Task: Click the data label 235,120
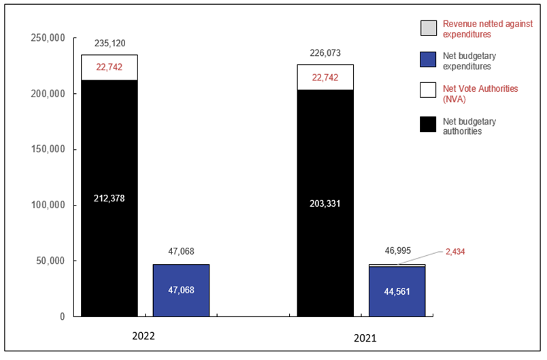[x=110, y=42]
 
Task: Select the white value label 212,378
[x=110, y=199]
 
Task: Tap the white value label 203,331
[x=325, y=201]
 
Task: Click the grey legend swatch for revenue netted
[x=428, y=28]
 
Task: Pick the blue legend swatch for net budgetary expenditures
[x=428, y=59]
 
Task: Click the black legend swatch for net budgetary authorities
[x=428, y=126]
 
